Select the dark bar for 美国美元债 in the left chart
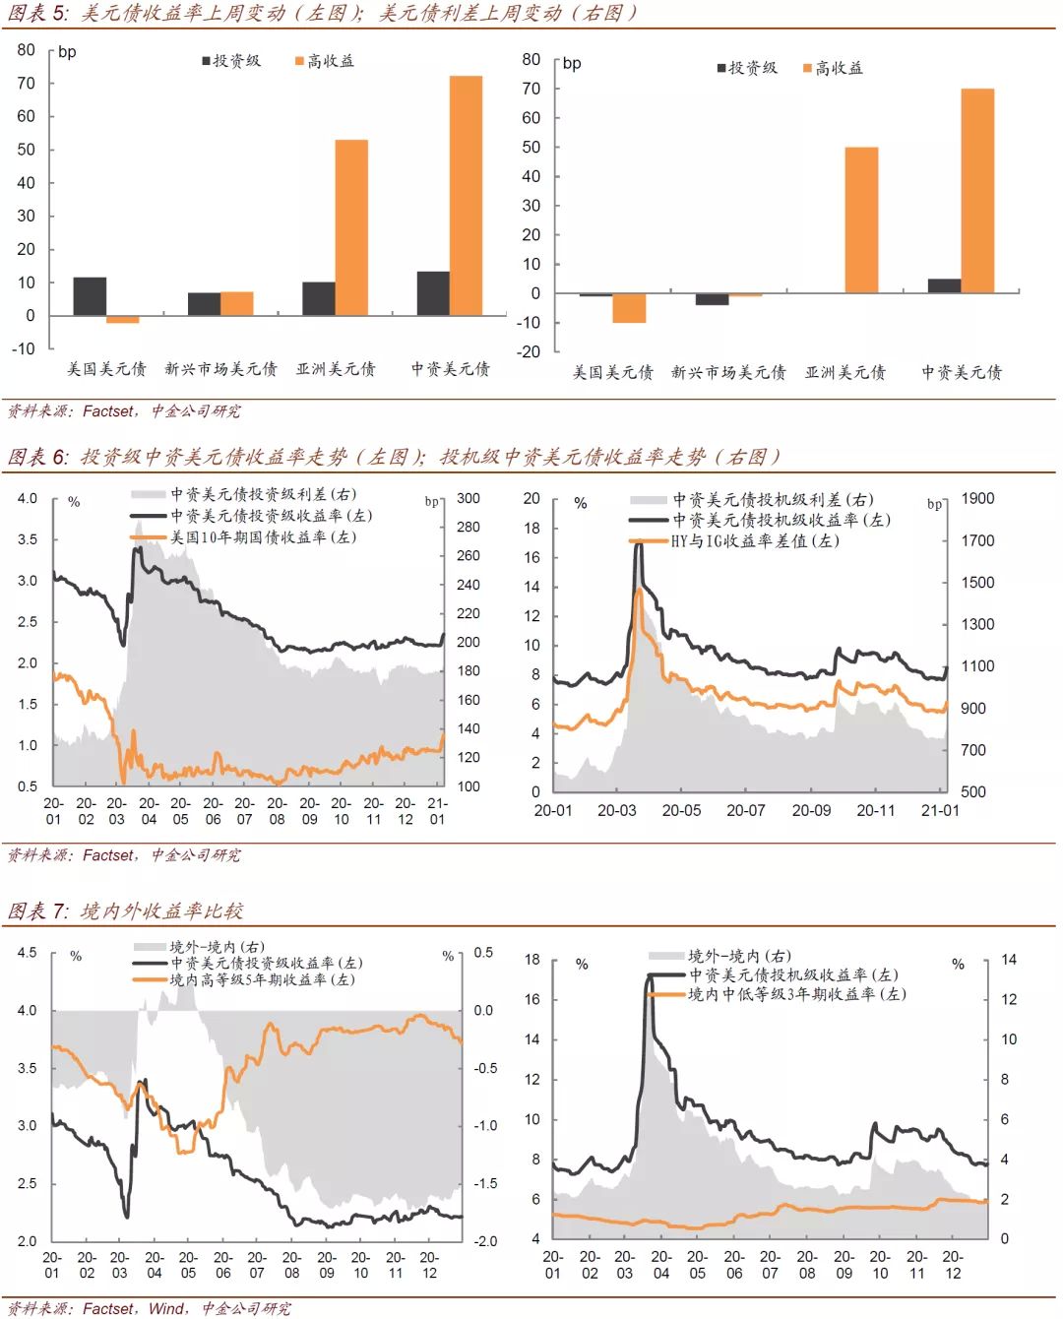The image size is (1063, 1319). (90, 296)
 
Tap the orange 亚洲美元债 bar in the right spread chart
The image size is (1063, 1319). (861, 220)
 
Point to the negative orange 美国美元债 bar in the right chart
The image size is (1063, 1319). (629, 308)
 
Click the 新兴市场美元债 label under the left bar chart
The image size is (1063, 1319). (220, 369)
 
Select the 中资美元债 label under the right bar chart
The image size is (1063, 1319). (961, 372)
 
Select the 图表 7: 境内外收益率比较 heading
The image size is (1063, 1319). (125, 911)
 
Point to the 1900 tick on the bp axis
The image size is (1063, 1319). (977, 499)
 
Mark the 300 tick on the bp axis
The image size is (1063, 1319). (469, 499)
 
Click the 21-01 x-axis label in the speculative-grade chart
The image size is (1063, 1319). (939, 811)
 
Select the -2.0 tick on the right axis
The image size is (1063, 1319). (485, 1241)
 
